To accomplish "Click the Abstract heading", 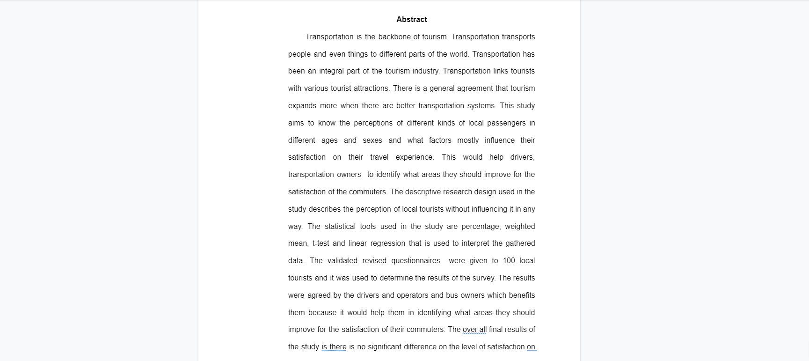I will [x=411, y=19].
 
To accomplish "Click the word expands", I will [x=302, y=106].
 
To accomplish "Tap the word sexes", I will [x=372, y=140].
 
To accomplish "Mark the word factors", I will [x=440, y=140].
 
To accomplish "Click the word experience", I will [x=414, y=157].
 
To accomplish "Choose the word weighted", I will [x=520, y=227].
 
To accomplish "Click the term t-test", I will [x=321, y=243].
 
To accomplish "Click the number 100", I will [x=509, y=261].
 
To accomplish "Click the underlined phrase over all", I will [x=474, y=330].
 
